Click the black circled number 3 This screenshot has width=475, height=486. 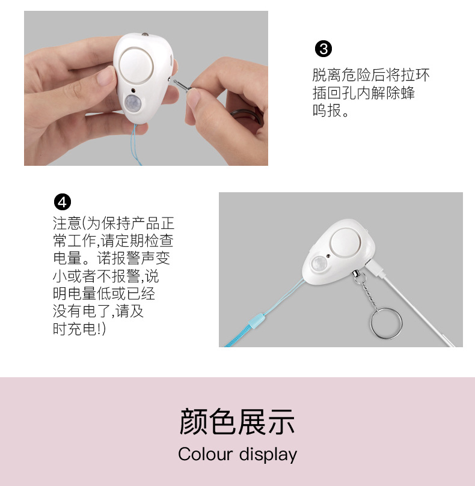pos(323,49)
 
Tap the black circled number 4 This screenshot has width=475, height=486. pos(62,201)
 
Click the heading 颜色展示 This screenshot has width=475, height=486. pos(237,421)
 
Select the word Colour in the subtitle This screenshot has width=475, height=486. pos(205,454)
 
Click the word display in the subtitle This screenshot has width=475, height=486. pos(268,455)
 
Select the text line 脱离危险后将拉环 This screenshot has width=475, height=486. pos(371,76)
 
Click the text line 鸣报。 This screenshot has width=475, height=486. pos(331,112)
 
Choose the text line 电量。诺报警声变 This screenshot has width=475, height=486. pos(114,259)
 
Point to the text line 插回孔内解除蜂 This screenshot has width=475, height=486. pos(363,94)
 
